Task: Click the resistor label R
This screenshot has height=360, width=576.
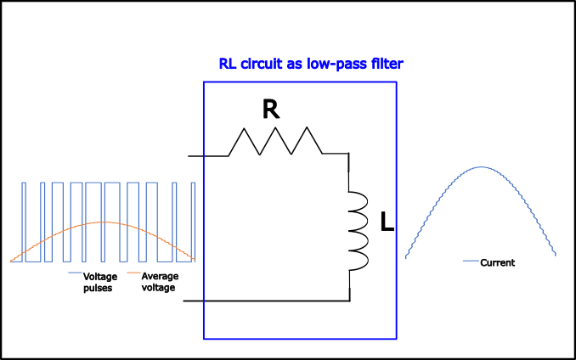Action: (x=271, y=110)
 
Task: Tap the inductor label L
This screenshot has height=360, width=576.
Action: (x=387, y=223)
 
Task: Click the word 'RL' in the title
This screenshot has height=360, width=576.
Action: (x=228, y=64)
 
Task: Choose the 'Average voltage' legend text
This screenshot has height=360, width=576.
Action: (x=158, y=282)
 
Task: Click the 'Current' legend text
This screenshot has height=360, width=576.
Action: (x=497, y=263)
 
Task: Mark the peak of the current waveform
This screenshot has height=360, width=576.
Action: (x=481, y=166)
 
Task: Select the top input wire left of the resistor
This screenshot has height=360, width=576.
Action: (x=208, y=155)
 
